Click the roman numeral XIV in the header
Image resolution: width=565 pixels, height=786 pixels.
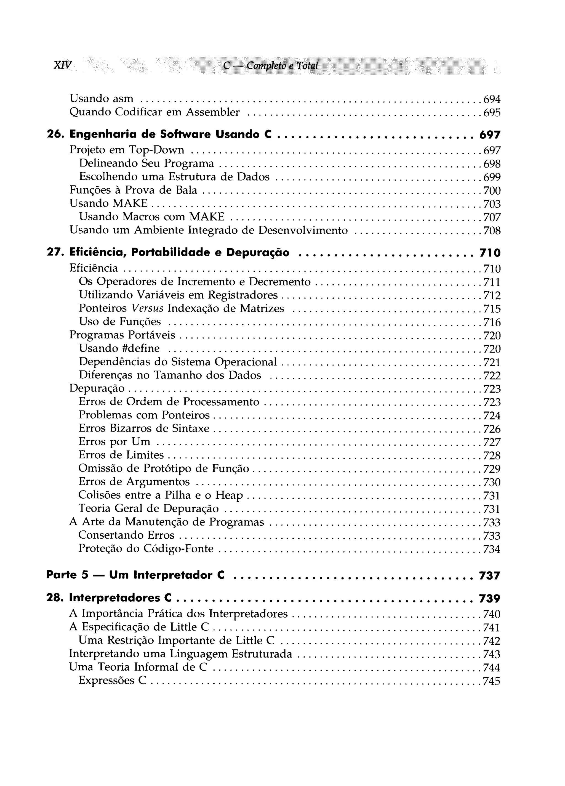[x=63, y=65]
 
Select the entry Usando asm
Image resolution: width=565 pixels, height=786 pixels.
[x=101, y=99]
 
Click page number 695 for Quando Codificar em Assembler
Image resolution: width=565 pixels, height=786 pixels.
[x=492, y=113]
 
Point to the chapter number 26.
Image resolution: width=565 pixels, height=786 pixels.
[x=54, y=134]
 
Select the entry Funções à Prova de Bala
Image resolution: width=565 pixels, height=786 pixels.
[x=133, y=190]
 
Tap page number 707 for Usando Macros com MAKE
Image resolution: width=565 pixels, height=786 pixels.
[x=492, y=217]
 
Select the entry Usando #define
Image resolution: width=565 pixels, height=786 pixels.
[x=119, y=348]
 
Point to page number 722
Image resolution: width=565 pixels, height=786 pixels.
[x=492, y=376]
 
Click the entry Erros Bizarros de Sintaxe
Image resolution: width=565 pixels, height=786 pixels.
[x=144, y=429]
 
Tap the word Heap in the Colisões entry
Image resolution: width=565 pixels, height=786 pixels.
[x=229, y=495]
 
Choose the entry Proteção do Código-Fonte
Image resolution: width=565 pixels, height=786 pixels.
[x=146, y=549]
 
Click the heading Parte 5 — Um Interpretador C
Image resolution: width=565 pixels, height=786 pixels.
[x=135, y=575]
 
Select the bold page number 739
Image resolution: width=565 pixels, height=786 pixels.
[x=489, y=599]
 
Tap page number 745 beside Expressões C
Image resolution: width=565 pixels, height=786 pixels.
[x=492, y=681]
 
